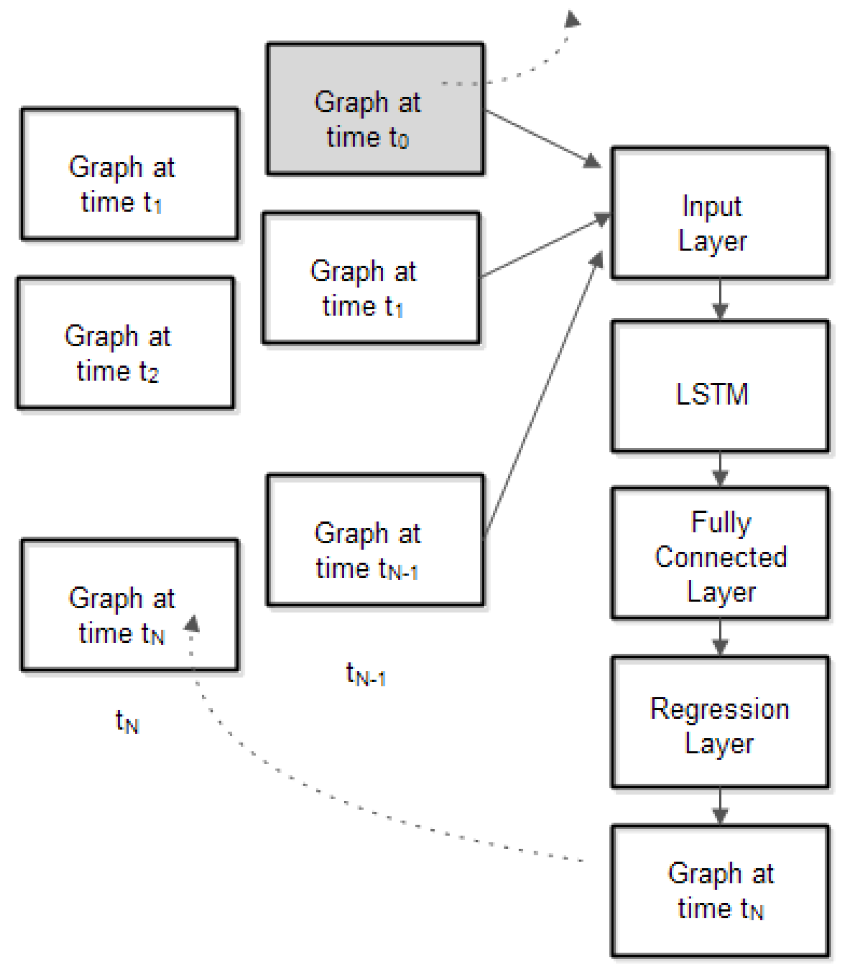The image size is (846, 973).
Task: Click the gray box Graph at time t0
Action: [375, 109]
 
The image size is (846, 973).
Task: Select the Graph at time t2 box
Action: [125, 343]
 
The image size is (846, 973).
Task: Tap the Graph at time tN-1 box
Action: [375, 540]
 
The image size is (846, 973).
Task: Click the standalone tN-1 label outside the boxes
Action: [365, 674]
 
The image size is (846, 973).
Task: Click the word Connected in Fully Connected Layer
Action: [720, 557]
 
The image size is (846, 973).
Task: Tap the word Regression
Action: [719, 709]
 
